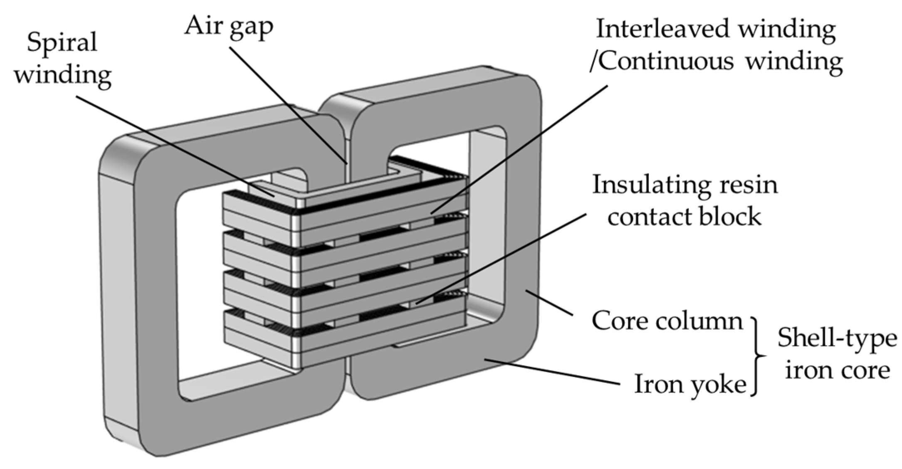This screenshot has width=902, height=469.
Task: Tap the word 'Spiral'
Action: (x=62, y=43)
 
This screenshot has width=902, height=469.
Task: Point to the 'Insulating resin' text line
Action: (x=685, y=185)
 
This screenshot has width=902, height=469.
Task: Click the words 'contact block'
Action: (x=684, y=217)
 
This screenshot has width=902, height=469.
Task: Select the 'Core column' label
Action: (x=667, y=321)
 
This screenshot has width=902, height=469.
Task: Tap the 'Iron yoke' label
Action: (x=690, y=384)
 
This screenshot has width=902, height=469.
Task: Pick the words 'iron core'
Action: (x=837, y=370)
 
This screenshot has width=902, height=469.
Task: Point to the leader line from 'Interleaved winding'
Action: (x=520, y=150)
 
